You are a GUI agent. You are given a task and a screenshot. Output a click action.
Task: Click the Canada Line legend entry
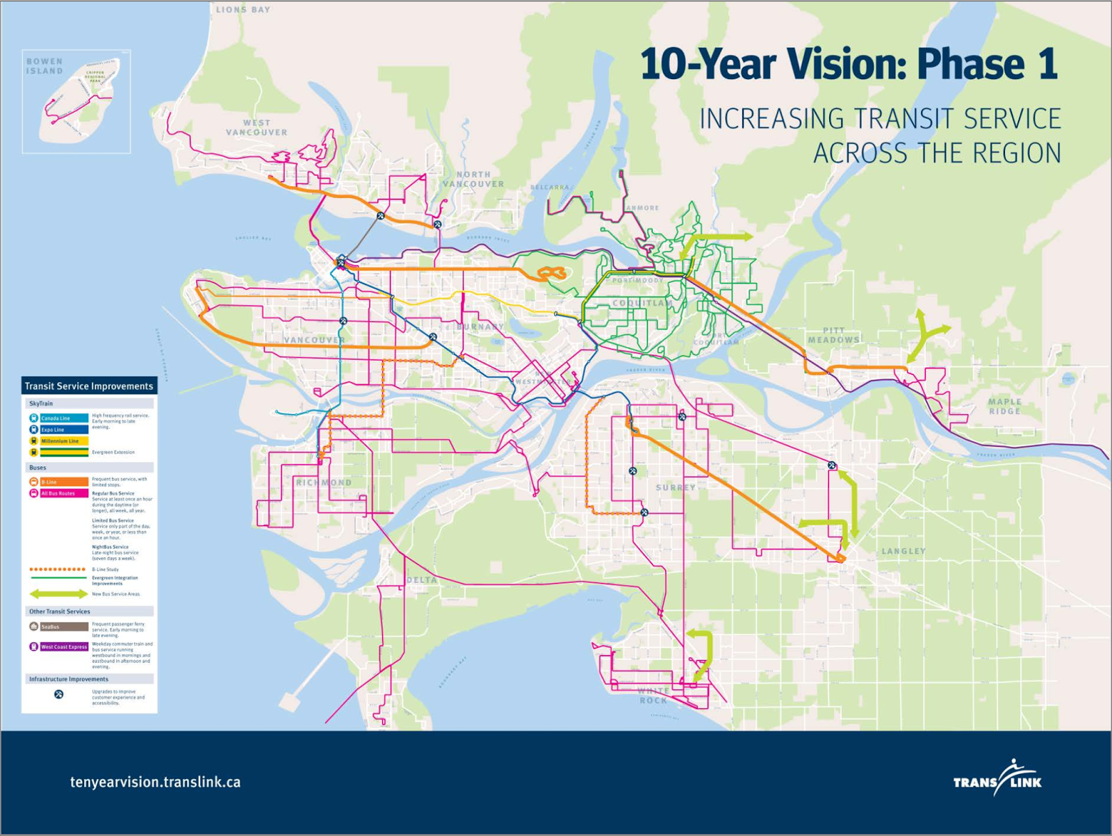coord(59,418)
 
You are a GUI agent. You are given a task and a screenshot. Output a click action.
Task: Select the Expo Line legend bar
coord(59,429)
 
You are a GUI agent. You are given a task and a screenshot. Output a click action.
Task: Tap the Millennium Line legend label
coord(60,441)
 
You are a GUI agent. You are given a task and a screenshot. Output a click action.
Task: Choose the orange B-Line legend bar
coord(59,482)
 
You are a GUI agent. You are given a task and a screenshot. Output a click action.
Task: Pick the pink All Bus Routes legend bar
coord(59,493)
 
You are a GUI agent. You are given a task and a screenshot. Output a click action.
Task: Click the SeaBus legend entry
coord(59,627)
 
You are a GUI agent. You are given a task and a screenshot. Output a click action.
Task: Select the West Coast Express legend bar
coord(59,647)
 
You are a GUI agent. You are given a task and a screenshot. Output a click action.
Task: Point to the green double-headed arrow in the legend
coord(58,594)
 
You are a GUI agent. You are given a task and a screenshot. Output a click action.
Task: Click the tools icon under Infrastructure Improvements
coord(59,694)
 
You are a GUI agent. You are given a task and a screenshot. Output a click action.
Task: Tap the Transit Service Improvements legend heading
coord(89,386)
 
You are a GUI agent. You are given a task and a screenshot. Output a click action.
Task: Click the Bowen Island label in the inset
coord(44,66)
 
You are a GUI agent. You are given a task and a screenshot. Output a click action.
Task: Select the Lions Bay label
coord(243,10)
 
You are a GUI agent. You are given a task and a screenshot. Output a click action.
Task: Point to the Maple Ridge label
coord(1005,407)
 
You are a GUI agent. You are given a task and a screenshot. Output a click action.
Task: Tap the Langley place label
coord(903,551)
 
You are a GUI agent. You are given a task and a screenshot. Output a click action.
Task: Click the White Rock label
coord(654,696)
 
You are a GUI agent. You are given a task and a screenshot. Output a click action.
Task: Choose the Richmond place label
coord(324,482)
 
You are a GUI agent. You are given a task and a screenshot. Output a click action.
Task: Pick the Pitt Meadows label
coord(834,335)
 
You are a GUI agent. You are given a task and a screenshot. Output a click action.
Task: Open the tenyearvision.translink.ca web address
coord(156,782)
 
